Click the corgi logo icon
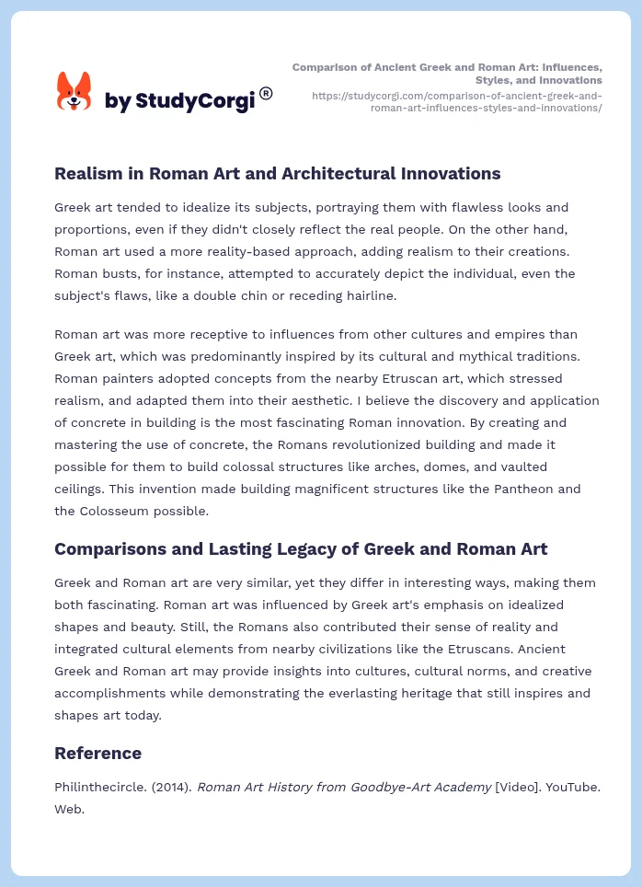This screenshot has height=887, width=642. tap(74, 93)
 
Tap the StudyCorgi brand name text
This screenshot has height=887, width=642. tap(179, 100)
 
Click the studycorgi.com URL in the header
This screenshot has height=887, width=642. tap(457, 101)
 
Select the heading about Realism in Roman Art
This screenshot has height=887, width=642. tap(277, 173)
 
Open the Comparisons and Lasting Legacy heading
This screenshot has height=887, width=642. tap(301, 549)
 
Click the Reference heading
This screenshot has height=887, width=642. tap(97, 754)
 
